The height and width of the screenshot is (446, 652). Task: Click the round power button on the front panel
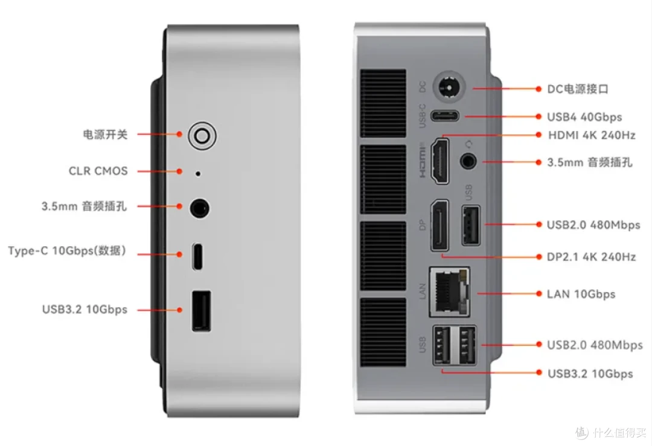point(202,136)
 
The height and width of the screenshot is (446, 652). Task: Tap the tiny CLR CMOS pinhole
point(198,174)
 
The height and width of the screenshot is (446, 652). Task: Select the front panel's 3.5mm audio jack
point(200,208)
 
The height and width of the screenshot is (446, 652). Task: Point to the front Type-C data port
point(198,256)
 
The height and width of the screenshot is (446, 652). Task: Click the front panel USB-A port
point(201,311)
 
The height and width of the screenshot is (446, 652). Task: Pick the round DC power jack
point(449,88)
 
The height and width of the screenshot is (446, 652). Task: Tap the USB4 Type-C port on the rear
point(445,115)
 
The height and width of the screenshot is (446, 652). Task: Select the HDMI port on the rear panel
point(439,161)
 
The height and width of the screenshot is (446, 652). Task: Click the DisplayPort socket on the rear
point(439,225)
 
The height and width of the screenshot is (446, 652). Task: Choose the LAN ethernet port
point(450,292)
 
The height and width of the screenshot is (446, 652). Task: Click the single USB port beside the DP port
point(471,225)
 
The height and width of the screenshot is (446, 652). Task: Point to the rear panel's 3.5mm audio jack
point(468,161)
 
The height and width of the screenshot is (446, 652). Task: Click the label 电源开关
point(105,135)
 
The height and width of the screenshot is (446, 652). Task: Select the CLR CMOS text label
point(98,171)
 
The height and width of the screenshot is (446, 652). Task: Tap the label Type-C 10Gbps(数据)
point(66,250)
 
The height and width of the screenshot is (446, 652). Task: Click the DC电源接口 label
point(578,89)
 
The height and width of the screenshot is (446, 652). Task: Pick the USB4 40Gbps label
point(584,117)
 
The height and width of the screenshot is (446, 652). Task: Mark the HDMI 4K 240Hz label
point(592,135)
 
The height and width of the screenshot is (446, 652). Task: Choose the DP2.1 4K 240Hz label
point(591,257)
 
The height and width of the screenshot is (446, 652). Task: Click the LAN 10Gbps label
point(581,295)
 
